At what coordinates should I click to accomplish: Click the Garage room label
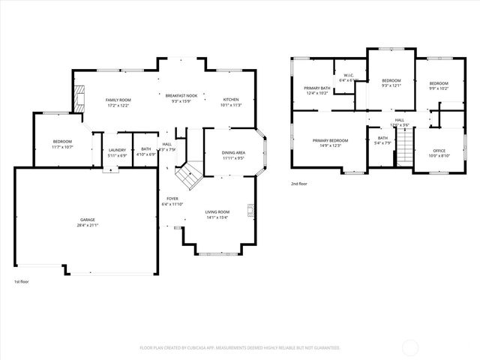88,220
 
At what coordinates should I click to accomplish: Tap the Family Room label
118,100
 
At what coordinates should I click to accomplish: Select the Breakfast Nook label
181,96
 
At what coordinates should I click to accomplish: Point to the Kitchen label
231,100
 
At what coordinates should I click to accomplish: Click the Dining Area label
233,153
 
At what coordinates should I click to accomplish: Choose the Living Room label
217,212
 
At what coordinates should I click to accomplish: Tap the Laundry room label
117,150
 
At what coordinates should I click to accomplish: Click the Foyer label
172,199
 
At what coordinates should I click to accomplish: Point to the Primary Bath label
317,88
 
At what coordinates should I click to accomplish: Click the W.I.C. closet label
349,75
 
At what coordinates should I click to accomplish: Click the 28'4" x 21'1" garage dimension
88,225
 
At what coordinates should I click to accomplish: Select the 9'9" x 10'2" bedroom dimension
439,88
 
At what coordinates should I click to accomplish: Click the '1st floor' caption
22,281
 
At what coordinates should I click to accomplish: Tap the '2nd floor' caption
300,183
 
